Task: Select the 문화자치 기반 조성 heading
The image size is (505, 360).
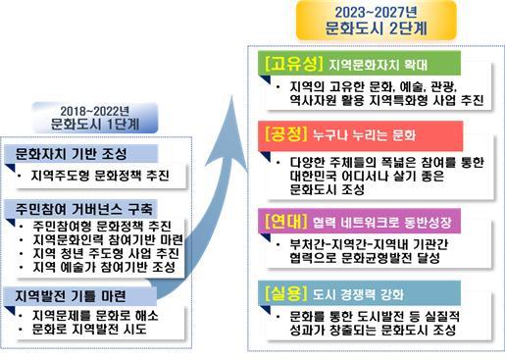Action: pyautogui.click(x=69, y=155)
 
